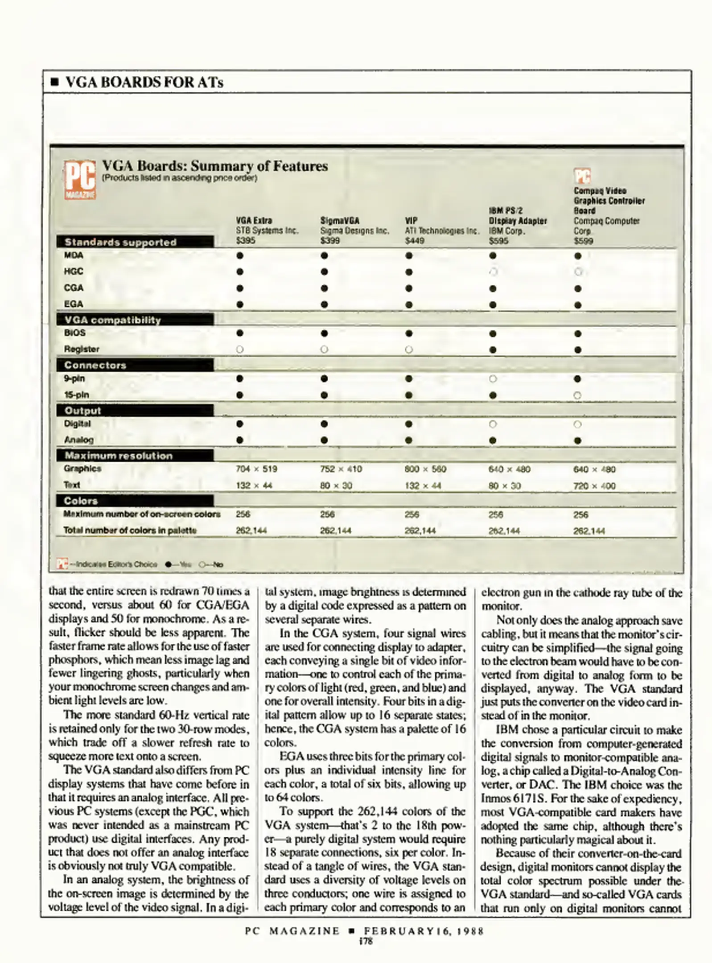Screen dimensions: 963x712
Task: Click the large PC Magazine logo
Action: point(80,179)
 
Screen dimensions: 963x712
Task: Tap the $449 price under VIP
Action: point(414,241)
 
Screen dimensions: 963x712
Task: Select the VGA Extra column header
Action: point(254,221)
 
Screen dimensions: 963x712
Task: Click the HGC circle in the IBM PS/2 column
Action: point(493,272)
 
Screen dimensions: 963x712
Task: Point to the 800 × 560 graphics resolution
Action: point(425,469)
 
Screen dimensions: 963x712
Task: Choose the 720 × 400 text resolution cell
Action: point(594,486)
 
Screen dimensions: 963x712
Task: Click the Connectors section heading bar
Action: point(135,365)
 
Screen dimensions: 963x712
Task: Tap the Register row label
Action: point(82,349)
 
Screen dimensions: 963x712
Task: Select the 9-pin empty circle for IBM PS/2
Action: point(493,379)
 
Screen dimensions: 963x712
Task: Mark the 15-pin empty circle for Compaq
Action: point(577,395)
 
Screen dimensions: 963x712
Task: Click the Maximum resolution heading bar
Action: point(135,456)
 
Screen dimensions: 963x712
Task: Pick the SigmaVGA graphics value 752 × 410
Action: point(341,469)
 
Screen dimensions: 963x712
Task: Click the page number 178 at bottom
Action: point(365,941)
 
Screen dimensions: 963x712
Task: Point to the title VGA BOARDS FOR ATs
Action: point(144,82)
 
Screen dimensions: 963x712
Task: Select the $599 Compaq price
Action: point(583,241)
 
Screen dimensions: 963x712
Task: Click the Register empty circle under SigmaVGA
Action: point(324,350)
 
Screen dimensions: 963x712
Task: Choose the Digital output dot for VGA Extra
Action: point(240,424)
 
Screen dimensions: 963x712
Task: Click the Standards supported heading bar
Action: point(135,242)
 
